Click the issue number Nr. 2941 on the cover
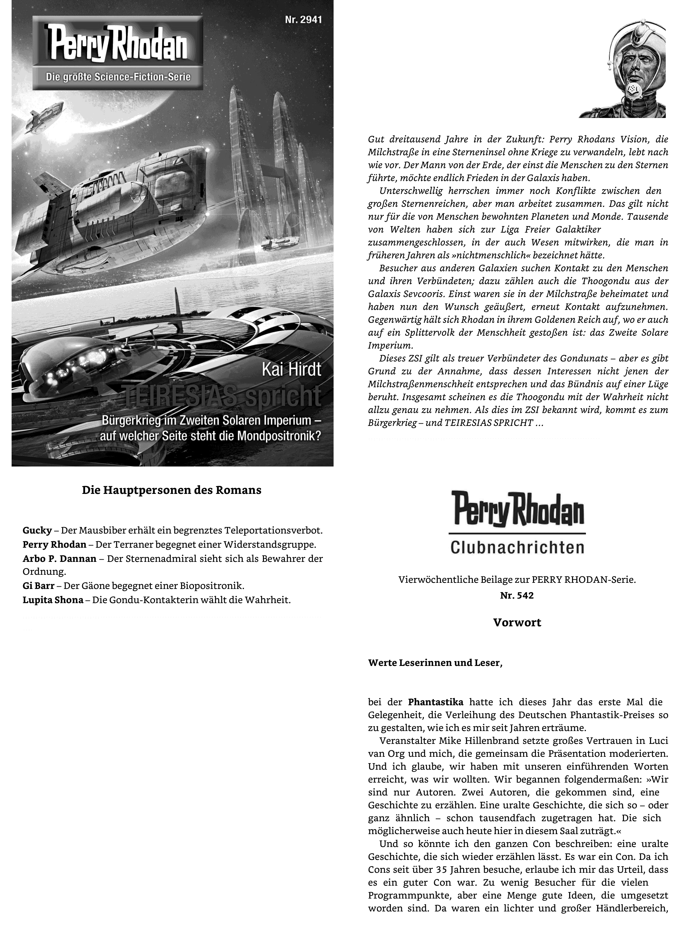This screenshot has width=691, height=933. click(x=303, y=20)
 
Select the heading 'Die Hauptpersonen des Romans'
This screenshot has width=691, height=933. click(x=171, y=490)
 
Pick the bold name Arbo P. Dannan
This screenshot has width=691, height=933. click(x=59, y=558)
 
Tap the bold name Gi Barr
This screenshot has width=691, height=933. click(x=38, y=586)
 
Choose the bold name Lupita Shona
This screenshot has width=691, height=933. click(x=53, y=600)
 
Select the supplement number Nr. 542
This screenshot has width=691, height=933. click(x=517, y=595)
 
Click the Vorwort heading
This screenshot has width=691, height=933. click(x=517, y=622)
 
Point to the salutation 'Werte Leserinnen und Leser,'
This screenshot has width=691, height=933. click(x=435, y=663)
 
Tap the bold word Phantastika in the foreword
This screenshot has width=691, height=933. click(x=435, y=702)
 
